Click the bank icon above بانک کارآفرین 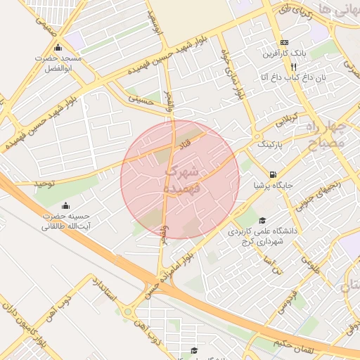pos(284,42)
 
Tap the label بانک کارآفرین pos(284,54)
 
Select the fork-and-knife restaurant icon pos(283,66)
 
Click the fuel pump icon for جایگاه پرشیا pos(272,174)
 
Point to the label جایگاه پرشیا pos(272,186)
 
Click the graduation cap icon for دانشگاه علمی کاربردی pos(262,220)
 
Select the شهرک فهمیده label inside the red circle pos(181,180)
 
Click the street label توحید pos(44,184)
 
